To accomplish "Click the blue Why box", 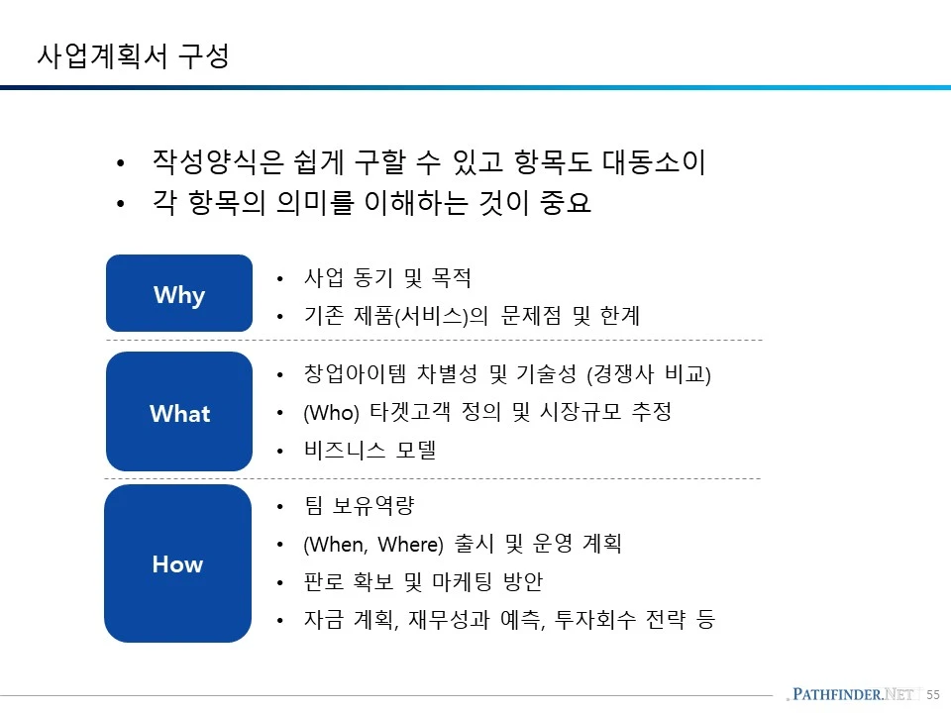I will (x=179, y=294).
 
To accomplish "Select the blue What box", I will (x=179, y=413).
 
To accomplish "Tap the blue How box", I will (x=177, y=563).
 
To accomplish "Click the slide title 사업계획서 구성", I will (x=134, y=55).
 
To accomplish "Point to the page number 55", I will (x=932, y=695).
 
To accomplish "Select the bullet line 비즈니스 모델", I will (x=370, y=451).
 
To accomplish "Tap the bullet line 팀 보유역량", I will (x=359, y=506).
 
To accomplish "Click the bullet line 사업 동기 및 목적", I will (x=387, y=278).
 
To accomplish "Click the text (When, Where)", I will (x=372, y=544).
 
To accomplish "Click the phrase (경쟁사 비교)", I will (x=650, y=375).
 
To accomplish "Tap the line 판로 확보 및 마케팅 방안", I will (x=423, y=581).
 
